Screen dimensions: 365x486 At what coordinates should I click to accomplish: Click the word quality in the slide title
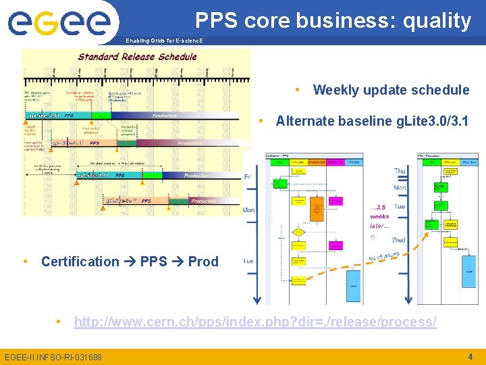point(437,21)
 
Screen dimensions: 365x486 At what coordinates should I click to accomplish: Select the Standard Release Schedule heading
point(137,57)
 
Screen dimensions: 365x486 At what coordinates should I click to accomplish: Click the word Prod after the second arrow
point(203,262)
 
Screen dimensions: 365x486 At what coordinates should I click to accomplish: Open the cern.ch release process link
point(254,322)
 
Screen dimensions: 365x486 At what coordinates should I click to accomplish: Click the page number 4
point(470,356)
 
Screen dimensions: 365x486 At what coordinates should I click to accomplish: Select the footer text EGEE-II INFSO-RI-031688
point(53,357)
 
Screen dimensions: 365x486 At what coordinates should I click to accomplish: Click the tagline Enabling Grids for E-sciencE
point(163,41)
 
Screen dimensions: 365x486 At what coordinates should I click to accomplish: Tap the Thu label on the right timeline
point(400,172)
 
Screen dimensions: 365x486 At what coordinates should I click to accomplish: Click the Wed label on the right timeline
point(399,240)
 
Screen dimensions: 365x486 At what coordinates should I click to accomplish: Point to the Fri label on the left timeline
point(248,177)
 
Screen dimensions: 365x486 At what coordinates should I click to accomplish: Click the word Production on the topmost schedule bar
point(164,116)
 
